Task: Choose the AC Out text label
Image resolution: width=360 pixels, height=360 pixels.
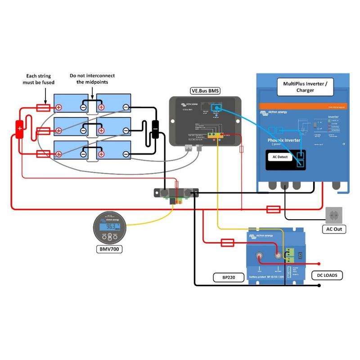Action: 334,229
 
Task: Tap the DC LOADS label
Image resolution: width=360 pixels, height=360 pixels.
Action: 327,274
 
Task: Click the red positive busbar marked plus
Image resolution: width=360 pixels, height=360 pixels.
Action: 20,129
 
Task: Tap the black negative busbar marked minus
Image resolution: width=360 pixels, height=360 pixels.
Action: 155,129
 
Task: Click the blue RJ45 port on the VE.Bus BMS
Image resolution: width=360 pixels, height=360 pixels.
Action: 216,108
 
